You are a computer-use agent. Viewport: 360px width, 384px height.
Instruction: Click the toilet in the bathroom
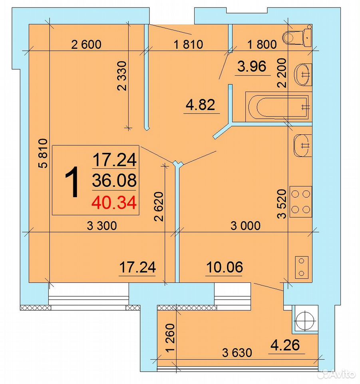click(297, 36)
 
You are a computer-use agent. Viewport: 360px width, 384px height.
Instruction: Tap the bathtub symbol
click(278, 107)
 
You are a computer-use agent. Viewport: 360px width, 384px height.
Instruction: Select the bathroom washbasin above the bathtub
click(303, 74)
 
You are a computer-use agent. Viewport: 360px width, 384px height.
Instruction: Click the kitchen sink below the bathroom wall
click(302, 145)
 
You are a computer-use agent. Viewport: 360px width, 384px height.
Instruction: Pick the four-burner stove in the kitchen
click(300, 202)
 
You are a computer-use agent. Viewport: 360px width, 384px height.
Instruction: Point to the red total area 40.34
click(114, 203)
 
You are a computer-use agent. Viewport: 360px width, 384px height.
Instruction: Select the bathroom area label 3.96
click(252, 66)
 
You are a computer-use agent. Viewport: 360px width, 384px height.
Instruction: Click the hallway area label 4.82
click(201, 104)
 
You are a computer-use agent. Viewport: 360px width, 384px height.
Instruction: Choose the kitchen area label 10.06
click(225, 267)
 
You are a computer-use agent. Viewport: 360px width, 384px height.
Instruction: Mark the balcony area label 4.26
click(285, 345)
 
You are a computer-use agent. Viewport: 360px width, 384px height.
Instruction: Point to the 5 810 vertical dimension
click(43, 153)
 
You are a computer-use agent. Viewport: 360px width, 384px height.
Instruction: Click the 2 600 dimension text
click(86, 44)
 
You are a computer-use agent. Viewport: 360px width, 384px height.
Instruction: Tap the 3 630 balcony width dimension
click(237, 353)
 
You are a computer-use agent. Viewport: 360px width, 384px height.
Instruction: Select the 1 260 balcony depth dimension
click(170, 338)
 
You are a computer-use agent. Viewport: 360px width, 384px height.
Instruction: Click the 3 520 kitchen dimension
click(282, 204)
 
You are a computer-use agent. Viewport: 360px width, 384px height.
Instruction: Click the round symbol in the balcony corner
click(305, 320)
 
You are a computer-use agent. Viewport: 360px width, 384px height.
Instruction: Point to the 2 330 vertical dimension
click(122, 76)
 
